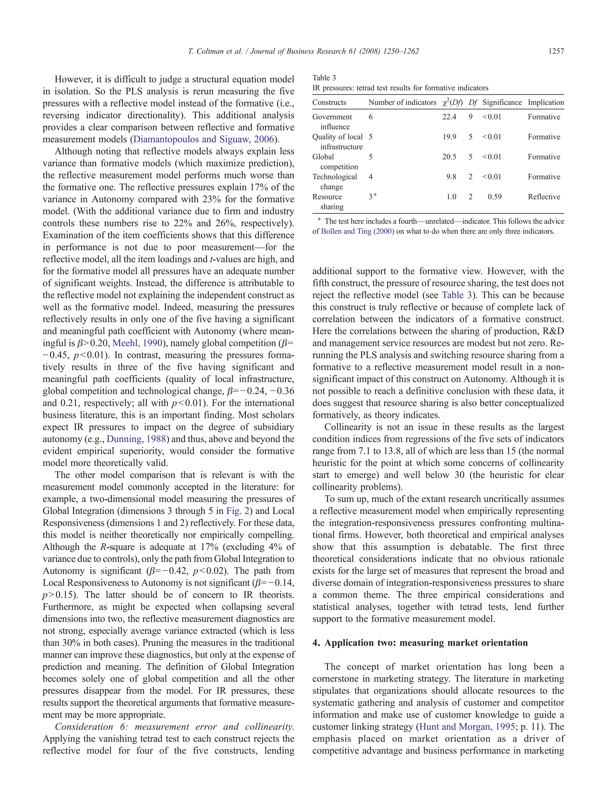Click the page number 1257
pyautogui.click(x=556, y=51)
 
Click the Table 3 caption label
pyautogui.click(x=324, y=78)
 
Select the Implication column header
pyautogui.click(x=545, y=102)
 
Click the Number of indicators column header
pyautogui.click(x=402, y=102)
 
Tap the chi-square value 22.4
pyautogui.click(x=449, y=117)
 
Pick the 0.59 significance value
pyautogui.click(x=494, y=197)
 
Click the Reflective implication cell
pyautogui.click(x=544, y=197)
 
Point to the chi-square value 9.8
pyautogui.click(x=451, y=177)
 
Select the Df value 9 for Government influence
pyautogui.click(x=470, y=117)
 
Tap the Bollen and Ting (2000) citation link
pyautogui.click(x=357, y=231)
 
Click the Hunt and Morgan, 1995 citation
pyautogui.click(x=467, y=727)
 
